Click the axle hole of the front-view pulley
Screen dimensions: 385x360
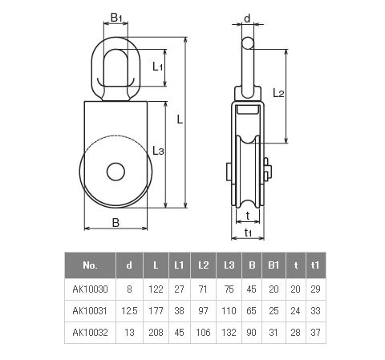(x=115, y=172)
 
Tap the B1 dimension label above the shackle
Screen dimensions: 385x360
(x=116, y=18)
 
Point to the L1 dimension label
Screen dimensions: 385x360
(x=157, y=67)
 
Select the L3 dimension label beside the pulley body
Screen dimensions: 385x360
(x=158, y=151)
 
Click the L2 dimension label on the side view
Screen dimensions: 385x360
(x=278, y=93)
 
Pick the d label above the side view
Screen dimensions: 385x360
(x=247, y=18)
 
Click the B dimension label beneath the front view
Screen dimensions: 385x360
(x=115, y=223)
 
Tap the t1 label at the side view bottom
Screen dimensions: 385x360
(x=248, y=233)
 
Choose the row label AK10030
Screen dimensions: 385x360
(x=90, y=289)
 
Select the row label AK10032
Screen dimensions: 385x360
(x=90, y=333)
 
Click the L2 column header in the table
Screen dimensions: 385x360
(x=203, y=265)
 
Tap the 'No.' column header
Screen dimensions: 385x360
(x=90, y=265)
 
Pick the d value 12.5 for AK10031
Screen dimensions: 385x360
(x=129, y=311)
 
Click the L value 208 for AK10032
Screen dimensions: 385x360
(x=156, y=333)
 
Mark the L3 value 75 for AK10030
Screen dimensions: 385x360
(x=229, y=289)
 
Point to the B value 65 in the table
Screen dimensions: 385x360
(x=251, y=311)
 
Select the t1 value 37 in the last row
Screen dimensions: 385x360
(x=315, y=333)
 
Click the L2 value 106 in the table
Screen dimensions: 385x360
(x=203, y=333)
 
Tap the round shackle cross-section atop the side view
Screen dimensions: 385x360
(x=248, y=43)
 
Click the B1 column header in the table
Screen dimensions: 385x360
(x=274, y=265)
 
